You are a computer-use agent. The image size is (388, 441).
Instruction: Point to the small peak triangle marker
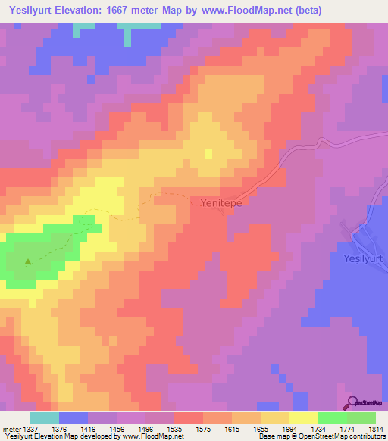point(29,262)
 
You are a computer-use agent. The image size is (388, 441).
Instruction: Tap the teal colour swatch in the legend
point(45,418)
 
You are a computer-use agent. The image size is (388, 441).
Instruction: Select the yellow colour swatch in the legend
point(304,418)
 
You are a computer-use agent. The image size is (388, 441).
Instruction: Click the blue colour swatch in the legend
point(74,418)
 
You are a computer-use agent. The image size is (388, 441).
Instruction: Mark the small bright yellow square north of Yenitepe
point(208,154)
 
